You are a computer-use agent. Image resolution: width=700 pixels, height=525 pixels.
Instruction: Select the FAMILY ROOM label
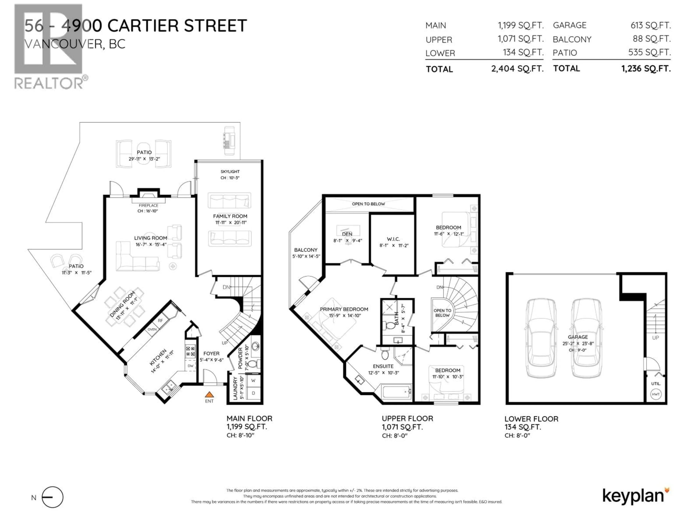coord(230,216)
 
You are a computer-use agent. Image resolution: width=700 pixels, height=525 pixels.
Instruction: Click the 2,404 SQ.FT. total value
coord(517,69)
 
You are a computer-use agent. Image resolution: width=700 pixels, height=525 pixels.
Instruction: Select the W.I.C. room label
coord(393,239)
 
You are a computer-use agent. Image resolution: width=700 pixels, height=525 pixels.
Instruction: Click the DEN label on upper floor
coord(347,234)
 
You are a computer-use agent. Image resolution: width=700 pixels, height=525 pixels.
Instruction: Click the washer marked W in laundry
coord(253,381)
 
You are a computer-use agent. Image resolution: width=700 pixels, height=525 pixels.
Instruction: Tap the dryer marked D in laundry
coord(253,393)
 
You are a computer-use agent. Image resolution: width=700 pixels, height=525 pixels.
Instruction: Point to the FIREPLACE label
coord(148,205)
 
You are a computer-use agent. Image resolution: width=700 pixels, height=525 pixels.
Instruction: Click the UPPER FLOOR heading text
coord(407,419)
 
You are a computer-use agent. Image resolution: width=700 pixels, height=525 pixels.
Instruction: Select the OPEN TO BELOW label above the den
coord(368,204)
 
